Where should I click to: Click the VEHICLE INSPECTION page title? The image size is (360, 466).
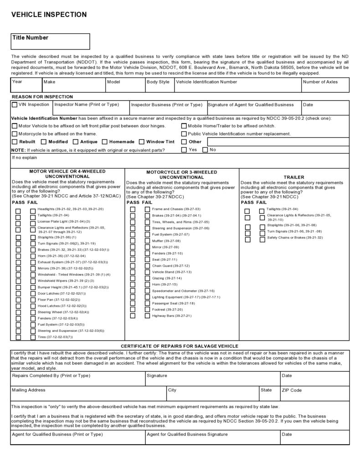click(x=49, y=15)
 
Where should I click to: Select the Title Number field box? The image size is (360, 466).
click(x=51, y=41)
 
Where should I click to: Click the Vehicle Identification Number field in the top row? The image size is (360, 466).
click(x=237, y=85)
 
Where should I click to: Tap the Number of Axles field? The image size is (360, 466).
click(x=325, y=85)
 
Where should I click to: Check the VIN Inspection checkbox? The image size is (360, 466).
click(x=15, y=105)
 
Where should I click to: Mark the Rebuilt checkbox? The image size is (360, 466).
click(x=15, y=142)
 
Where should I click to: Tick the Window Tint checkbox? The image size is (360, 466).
click(x=142, y=142)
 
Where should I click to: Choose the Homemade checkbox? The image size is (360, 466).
click(x=105, y=142)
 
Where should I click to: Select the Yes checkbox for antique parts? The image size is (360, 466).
click(x=184, y=150)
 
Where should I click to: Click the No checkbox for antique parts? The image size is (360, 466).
click(x=205, y=150)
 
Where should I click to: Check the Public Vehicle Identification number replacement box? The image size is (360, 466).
click(x=184, y=134)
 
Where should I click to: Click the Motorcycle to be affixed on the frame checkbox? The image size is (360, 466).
click(x=15, y=134)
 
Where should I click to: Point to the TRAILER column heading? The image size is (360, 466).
click(x=294, y=177)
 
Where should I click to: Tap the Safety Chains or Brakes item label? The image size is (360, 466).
click(x=294, y=238)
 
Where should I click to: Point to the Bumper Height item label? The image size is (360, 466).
click(x=73, y=287)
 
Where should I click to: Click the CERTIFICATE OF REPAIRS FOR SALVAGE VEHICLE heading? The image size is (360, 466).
click(x=180, y=346)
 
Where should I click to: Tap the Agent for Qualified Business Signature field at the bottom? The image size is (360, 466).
click(x=212, y=438)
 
